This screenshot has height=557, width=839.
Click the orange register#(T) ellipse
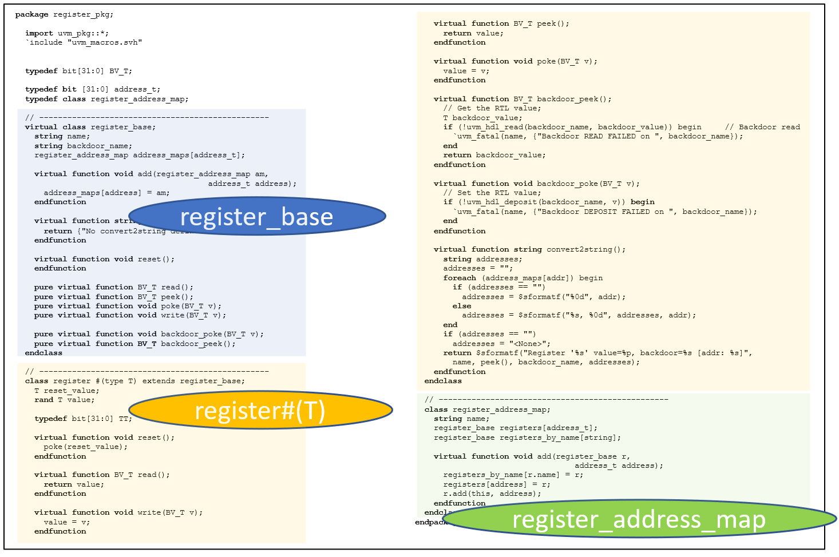[x=260, y=410]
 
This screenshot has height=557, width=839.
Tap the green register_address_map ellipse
[x=639, y=519]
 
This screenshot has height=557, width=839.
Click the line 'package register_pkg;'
[x=64, y=14]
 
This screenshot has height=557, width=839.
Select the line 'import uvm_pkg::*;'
[x=67, y=33]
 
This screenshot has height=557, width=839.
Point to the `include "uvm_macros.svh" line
[x=84, y=42]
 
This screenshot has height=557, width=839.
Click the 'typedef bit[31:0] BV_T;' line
[x=78, y=71]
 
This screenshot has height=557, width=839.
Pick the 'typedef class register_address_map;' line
[x=106, y=99]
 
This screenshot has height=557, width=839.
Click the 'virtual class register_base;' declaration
[x=90, y=127]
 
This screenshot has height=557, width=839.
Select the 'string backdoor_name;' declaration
[x=83, y=146]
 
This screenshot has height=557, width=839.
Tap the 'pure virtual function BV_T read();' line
[x=113, y=287]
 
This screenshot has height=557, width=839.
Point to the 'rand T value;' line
[x=64, y=400]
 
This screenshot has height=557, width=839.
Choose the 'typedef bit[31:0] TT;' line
[x=83, y=419]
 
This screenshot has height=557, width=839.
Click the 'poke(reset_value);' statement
[x=85, y=447]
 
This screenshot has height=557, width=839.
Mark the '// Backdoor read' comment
[x=762, y=127]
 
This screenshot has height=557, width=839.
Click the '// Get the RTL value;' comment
[x=492, y=108]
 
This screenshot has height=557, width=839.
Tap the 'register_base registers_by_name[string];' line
[x=527, y=437]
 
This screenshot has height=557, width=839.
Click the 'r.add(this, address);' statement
[x=492, y=494]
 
